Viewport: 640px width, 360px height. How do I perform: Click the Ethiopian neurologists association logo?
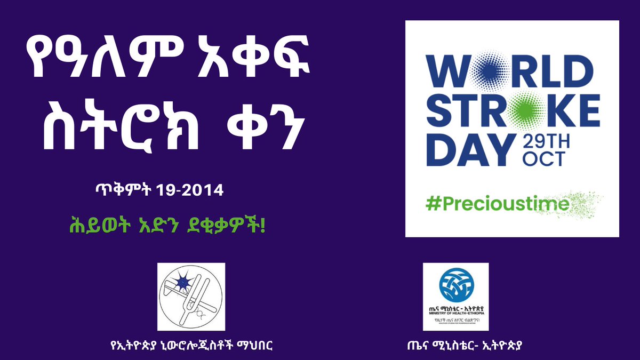(x=191, y=296)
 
